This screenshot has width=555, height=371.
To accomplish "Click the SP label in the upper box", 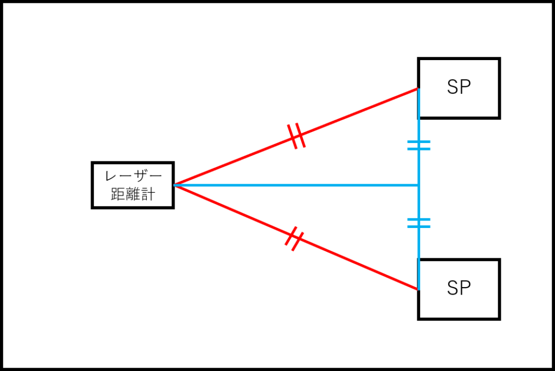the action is point(459,87).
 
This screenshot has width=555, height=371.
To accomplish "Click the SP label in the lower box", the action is point(459,288).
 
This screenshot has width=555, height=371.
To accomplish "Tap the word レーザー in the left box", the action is point(133,175).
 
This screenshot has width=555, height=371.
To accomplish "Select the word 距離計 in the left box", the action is point(133,194).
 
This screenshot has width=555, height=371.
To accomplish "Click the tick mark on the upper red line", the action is point(296,136).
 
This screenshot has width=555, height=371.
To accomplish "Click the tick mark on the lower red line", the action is point(294,239).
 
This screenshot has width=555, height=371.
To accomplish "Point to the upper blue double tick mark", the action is point(419,145).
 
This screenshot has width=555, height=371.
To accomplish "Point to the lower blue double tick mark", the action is point(419,223).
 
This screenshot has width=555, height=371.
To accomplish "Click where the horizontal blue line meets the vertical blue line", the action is point(419,185).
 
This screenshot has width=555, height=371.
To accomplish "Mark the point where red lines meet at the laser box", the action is point(174,185).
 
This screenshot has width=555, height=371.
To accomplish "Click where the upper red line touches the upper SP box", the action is point(418,88).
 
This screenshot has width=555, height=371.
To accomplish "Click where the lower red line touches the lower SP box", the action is point(418,289).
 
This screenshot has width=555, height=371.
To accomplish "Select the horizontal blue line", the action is point(296,185).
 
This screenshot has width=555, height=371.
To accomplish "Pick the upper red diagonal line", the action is point(296,136).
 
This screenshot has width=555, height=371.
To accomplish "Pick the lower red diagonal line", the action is point(296,237).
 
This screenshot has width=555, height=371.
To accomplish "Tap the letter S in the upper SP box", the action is point(453,87).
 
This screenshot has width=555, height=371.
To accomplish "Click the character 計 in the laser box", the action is point(149,194).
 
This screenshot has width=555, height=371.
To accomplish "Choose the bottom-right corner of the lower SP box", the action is point(499,319).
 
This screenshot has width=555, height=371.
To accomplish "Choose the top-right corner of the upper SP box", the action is point(499,58).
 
